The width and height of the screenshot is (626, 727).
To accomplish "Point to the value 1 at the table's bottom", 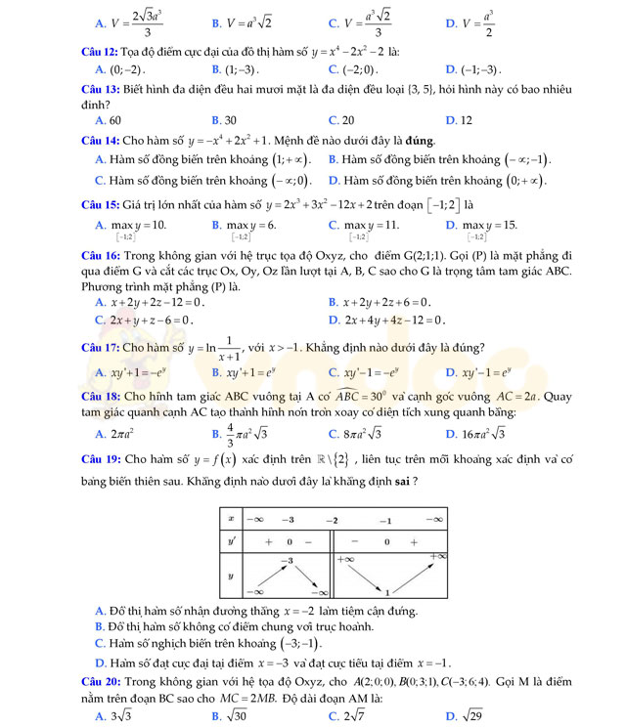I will pyautogui.click(x=387, y=591).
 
